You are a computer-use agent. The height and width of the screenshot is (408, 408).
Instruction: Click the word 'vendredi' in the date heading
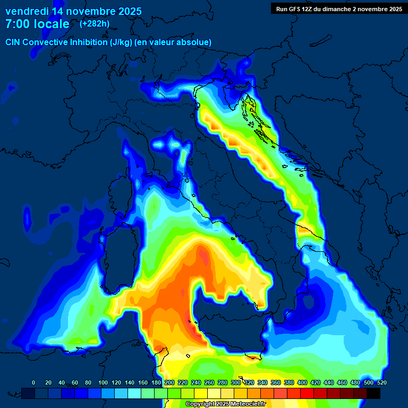(x=27, y=11)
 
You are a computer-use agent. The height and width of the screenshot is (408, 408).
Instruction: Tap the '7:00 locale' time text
(x=37, y=24)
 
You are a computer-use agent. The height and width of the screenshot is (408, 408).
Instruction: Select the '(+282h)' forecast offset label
(x=95, y=23)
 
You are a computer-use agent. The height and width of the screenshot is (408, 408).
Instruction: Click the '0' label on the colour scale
(x=33, y=382)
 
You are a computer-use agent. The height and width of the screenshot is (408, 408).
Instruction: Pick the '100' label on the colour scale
(x=103, y=382)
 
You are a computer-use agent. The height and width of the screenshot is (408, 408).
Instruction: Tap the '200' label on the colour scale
(x=169, y=382)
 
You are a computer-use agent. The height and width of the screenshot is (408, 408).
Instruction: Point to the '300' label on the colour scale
(x=236, y=382)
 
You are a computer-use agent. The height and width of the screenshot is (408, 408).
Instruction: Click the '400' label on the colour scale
(x=302, y=382)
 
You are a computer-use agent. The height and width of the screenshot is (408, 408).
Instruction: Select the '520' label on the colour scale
(x=381, y=382)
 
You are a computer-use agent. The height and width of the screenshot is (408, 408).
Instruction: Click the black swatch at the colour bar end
(x=373, y=393)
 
